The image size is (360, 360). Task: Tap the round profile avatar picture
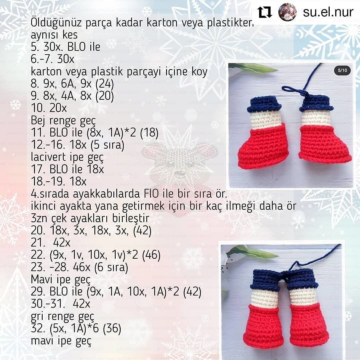[x=287, y=12]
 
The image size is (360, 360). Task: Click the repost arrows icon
[x=265, y=12]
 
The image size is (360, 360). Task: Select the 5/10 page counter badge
[x=342, y=70]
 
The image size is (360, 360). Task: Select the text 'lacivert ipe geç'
[x=67, y=156]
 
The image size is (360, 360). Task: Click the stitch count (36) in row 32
[x=112, y=329]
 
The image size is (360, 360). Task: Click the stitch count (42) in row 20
[x=142, y=231]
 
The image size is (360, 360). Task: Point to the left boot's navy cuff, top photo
[x=264, y=104]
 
